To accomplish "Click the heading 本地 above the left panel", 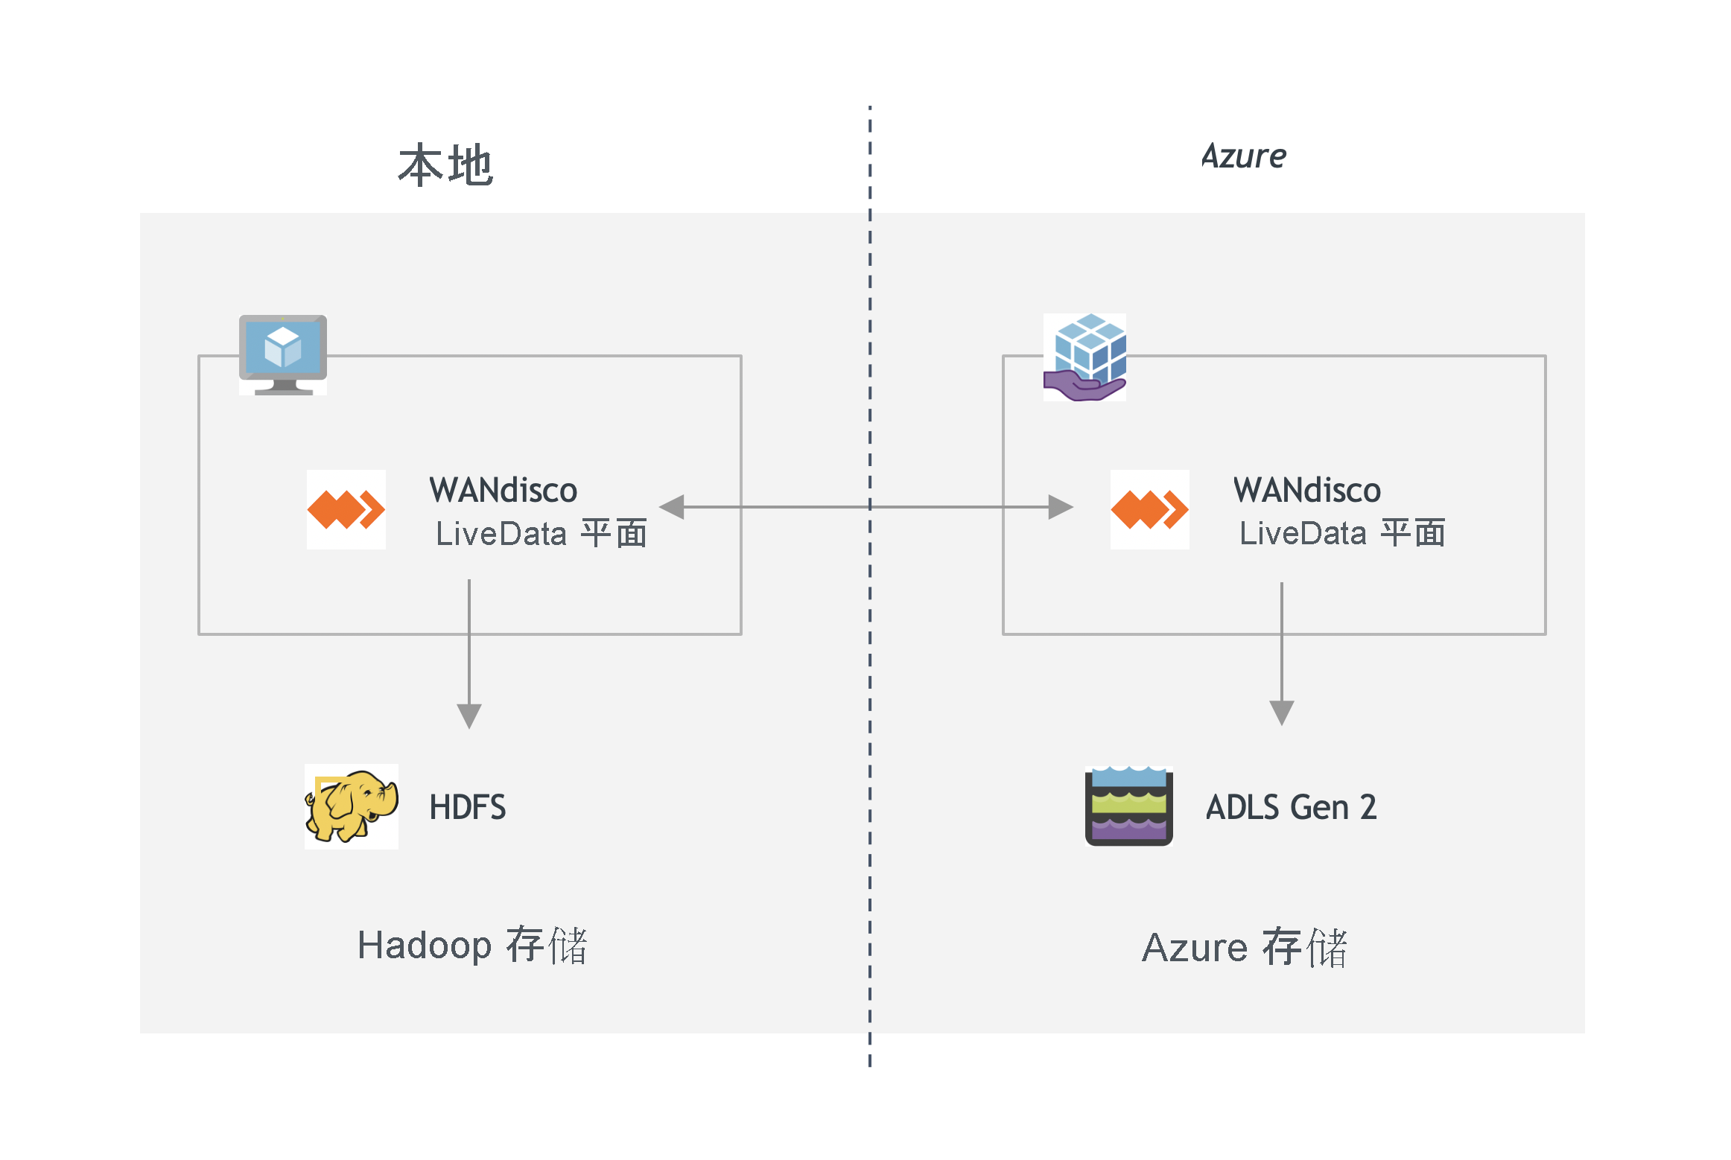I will [x=445, y=165].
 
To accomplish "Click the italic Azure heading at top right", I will [x=1243, y=156].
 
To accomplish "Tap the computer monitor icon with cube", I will [x=282, y=354].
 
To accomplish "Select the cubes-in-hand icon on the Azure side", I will [x=1084, y=357].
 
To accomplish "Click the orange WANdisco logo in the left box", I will [x=346, y=509].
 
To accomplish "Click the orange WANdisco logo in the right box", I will [x=1149, y=509].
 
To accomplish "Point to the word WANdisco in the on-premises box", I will [x=503, y=490].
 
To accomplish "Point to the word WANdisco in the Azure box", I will [x=1306, y=490].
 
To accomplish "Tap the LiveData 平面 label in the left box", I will [x=541, y=533].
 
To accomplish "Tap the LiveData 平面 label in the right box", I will [x=1341, y=533].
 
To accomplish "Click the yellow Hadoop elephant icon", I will [x=351, y=806].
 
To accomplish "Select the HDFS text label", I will [x=467, y=807].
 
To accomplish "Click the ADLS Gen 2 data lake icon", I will [x=1128, y=806].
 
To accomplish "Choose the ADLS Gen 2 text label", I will [x=1291, y=807].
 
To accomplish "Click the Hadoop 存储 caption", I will [x=472, y=946].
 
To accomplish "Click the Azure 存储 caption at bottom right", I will [x=1245, y=948].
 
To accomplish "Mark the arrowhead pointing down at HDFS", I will [x=469, y=716].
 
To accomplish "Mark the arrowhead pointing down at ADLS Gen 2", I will [x=1281, y=713].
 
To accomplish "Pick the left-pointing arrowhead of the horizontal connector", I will [x=673, y=507].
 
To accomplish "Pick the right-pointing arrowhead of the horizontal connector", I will [x=1060, y=507].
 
